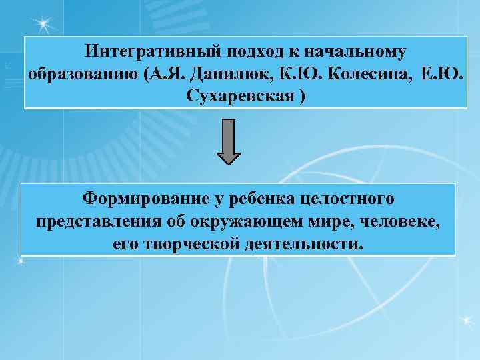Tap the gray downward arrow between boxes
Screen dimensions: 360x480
click(229, 141)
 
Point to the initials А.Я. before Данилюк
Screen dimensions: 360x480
click(165, 73)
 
